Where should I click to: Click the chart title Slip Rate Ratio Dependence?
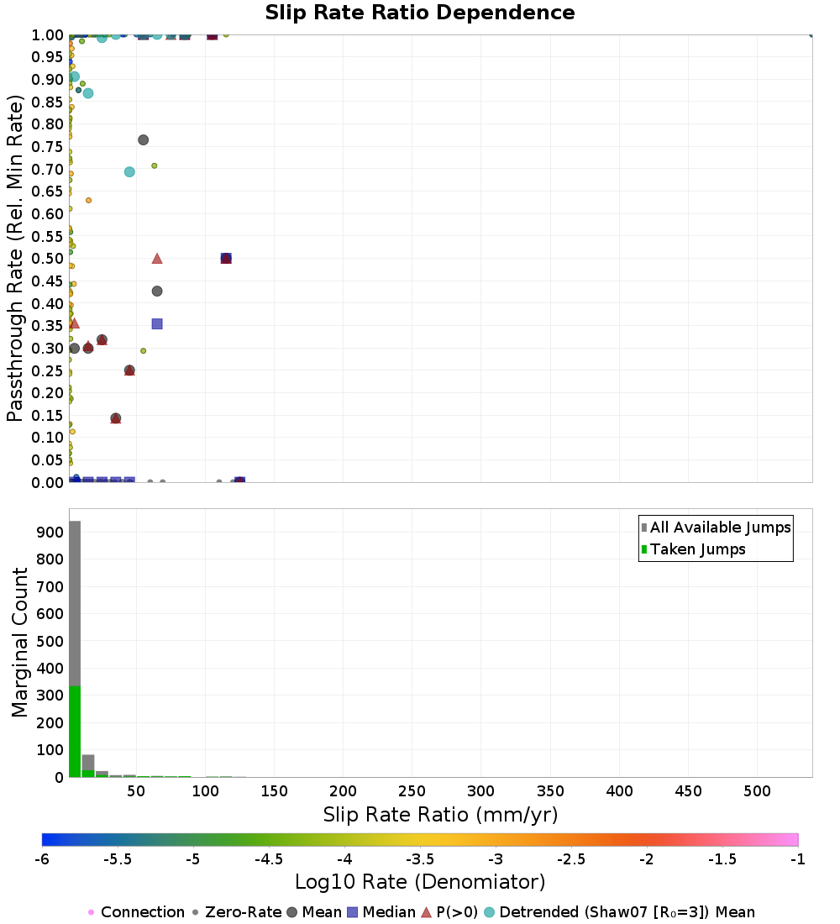pos(420,13)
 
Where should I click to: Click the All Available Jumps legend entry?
pos(717,527)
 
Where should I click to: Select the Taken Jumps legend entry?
pos(694,549)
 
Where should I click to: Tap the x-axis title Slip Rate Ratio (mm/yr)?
pos(440,815)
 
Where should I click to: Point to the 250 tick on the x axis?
pos(412,790)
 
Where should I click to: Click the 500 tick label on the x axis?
pos(757,790)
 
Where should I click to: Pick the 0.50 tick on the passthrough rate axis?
pos(47,259)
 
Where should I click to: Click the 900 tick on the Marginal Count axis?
pos(50,532)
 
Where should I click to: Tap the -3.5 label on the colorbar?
pos(421,859)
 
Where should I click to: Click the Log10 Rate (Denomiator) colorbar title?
pos(420,881)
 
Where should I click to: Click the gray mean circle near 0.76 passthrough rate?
pos(144,140)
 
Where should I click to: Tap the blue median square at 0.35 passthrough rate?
pos(157,324)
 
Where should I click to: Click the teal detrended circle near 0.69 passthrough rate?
pos(129,172)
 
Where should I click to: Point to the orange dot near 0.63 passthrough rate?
pos(88,201)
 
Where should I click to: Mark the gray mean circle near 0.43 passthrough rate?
pos(157,291)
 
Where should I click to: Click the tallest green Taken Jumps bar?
pos(75,732)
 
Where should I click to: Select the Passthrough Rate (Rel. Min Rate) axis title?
pos(15,258)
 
